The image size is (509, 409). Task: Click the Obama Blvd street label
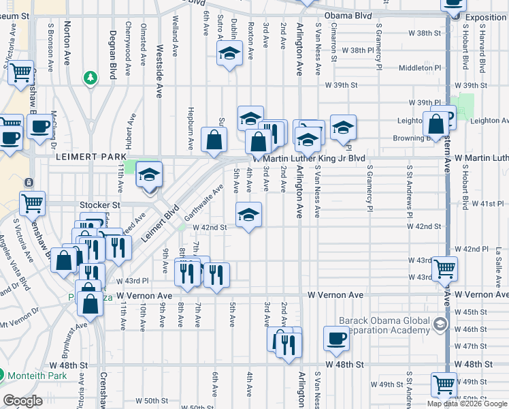tap(348, 15)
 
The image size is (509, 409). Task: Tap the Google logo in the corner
tap(23, 401)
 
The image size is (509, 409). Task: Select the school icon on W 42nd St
tap(248, 215)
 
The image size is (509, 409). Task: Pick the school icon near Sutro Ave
tap(229, 52)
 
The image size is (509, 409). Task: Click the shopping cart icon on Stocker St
tap(33, 202)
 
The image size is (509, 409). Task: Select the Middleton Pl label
tap(421, 68)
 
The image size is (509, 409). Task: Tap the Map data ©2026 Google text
tap(467, 404)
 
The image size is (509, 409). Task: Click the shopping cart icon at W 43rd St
tap(444, 268)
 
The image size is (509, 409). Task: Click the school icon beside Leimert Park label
tap(149, 175)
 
